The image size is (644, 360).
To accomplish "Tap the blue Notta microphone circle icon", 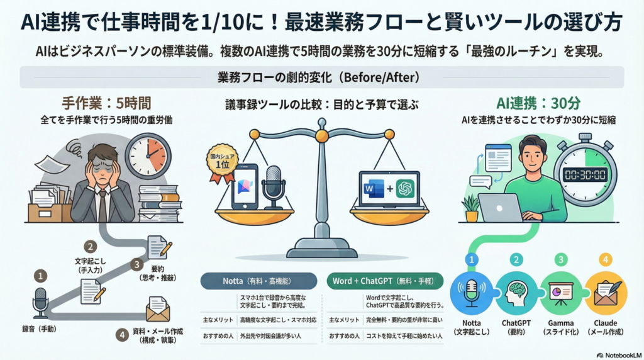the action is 471,293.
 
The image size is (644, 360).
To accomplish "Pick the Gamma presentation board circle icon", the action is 560,293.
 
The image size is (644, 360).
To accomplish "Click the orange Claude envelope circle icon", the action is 606,293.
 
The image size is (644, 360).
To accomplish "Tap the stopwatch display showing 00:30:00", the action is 586,175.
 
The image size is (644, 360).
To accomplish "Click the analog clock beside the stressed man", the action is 148,156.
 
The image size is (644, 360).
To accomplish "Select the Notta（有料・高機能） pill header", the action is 258,281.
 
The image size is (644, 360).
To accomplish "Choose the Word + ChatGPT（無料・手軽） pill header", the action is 386,281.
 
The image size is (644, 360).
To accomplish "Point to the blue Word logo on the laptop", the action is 374,189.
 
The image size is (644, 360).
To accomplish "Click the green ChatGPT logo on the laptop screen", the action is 405,189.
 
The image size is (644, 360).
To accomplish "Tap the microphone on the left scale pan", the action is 273,188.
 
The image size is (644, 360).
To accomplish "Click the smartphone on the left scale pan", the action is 245,186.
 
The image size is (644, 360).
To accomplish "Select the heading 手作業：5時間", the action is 106,103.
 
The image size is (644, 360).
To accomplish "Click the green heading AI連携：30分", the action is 538,103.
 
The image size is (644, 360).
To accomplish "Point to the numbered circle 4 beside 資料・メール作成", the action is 122,335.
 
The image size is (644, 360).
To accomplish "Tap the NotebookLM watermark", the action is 619,355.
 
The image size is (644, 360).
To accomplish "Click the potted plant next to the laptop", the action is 470,208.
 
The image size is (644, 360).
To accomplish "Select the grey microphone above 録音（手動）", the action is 40,303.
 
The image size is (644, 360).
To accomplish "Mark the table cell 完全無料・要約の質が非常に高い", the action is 404,320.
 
